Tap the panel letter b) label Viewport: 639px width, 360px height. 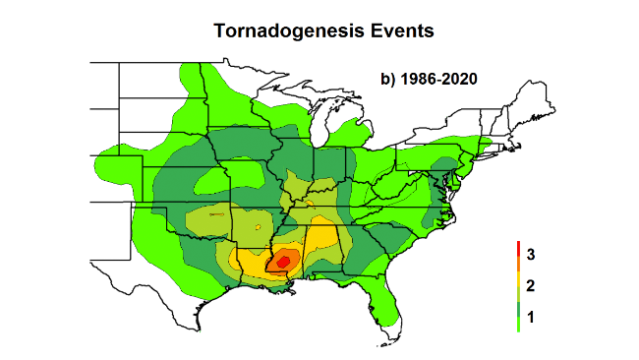click(388, 78)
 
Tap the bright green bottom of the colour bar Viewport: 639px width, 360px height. click(517, 329)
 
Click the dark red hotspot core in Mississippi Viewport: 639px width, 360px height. click(284, 261)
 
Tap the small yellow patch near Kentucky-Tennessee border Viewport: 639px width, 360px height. click(309, 205)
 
